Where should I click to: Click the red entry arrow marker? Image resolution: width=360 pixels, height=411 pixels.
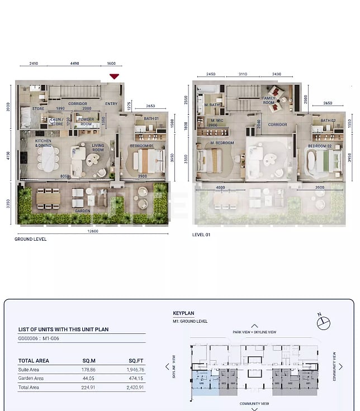[114, 77]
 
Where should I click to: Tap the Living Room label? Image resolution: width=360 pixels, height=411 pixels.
[98, 147]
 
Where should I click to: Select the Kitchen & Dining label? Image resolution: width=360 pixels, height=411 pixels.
[44, 143]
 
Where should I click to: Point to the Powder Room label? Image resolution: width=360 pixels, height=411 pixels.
[86, 122]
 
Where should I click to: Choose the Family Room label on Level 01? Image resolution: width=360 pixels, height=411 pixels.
[269, 101]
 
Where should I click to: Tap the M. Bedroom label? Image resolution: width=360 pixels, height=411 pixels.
[222, 143]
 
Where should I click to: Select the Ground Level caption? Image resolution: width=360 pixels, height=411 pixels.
[31, 239]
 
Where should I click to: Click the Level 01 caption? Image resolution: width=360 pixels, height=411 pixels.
[201, 235]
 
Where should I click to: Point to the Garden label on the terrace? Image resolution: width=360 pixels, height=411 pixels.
[83, 211]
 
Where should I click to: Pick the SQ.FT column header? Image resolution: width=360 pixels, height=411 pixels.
[136, 361]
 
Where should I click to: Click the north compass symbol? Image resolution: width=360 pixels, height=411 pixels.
[323, 322]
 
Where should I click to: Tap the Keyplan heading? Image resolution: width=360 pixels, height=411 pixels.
[183, 313]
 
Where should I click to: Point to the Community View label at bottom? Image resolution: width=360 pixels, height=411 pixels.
[254, 403]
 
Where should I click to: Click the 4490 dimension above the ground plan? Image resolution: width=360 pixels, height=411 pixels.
[74, 64]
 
